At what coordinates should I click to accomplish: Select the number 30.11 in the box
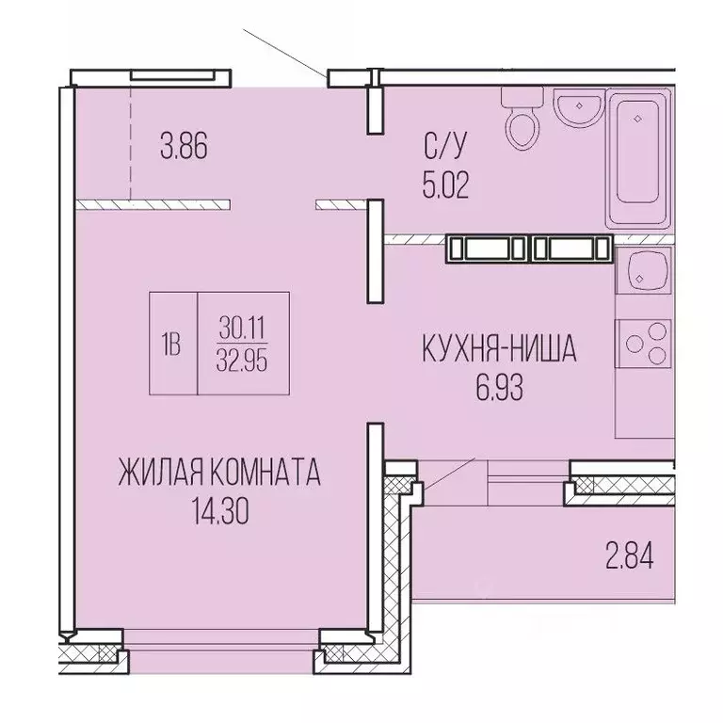[241, 327]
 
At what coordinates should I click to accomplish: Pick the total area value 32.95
[241, 361]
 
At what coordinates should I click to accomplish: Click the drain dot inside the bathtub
[638, 119]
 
